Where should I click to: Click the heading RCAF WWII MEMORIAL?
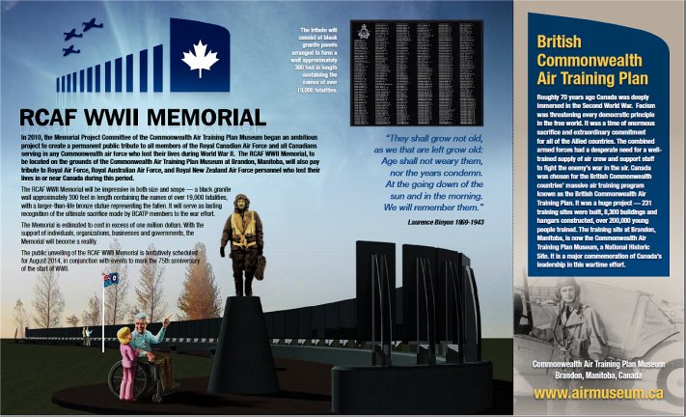pyautogui.click(x=143, y=117)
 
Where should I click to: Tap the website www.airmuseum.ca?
pyautogui.click(x=597, y=393)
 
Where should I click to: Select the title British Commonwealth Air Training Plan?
pyautogui.click(x=591, y=60)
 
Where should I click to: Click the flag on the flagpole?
pyautogui.click(x=109, y=281)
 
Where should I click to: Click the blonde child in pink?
pyautogui.click(x=126, y=357)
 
